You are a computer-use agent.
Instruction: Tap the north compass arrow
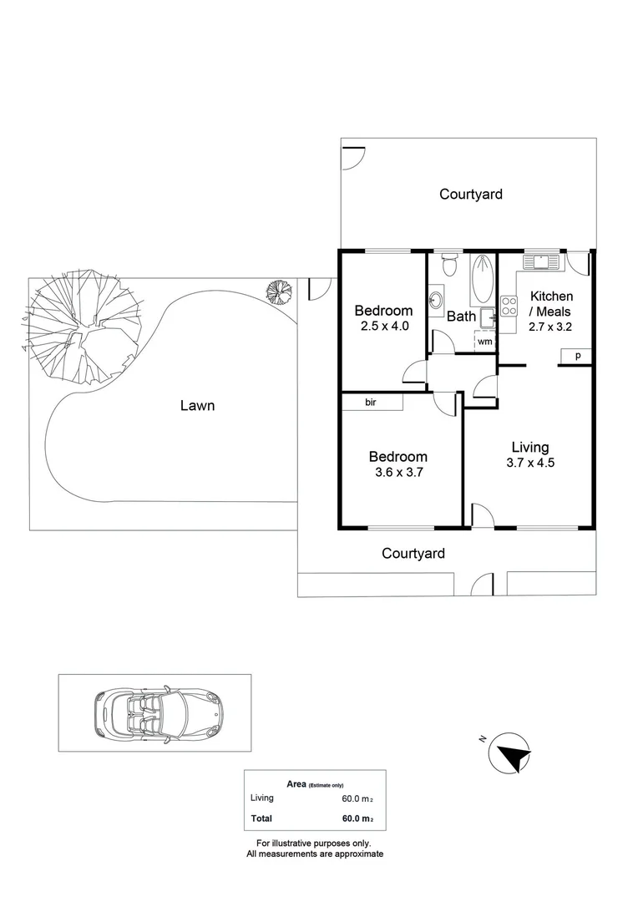pos(511,754)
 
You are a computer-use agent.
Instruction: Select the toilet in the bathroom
pos(449,266)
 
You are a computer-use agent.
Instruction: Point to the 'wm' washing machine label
pos(484,342)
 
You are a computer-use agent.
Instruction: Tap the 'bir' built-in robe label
pos(372,403)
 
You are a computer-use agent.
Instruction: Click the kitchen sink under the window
pos(542,261)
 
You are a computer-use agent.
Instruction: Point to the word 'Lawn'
pos(197,406)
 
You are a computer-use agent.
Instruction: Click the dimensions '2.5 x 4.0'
pos(383,327)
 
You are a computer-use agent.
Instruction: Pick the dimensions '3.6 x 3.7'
pos(398,473)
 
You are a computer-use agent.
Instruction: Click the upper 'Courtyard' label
pos(471,194)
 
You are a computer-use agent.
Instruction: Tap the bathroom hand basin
pos(436,299)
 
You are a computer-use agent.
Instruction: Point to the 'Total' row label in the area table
pos(261,818)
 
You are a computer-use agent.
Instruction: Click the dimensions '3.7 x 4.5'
pos(530,463)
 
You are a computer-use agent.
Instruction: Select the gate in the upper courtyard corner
pos(353,157)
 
